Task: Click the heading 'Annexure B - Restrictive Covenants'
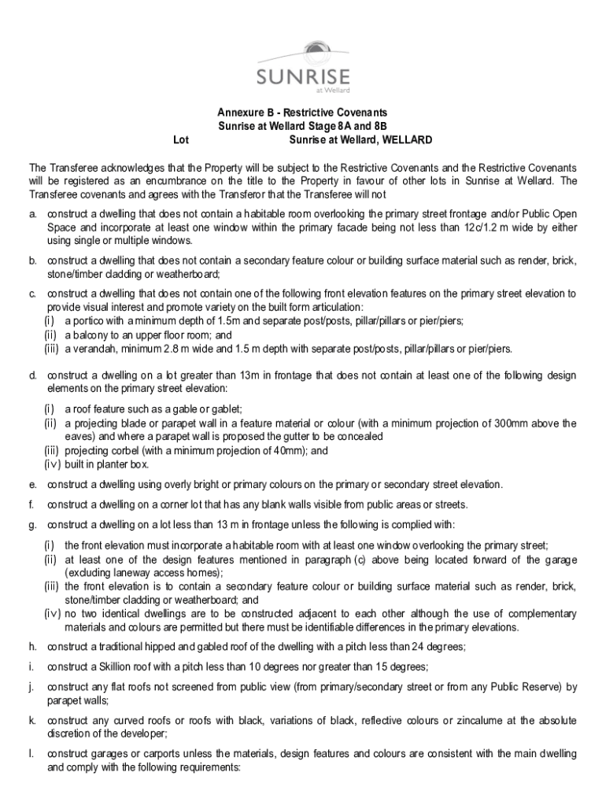[303, 113]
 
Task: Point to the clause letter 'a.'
[33, 213]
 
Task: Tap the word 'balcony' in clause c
[93, 334]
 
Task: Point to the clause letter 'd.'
[33, 375]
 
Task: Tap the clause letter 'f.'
[32, 505]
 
